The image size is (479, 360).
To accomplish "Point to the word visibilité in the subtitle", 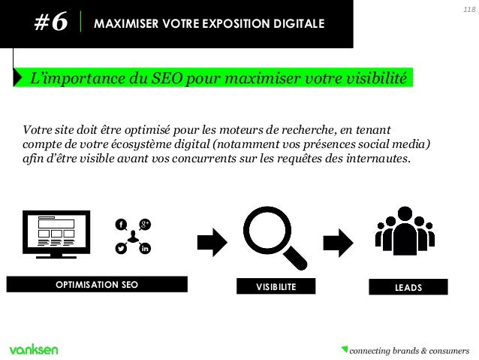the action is tap(372, 77).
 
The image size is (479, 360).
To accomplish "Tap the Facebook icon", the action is tap(120, 224).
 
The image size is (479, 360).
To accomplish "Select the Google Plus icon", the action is tap(146, 224).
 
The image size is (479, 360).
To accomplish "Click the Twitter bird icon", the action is tap(120, 249).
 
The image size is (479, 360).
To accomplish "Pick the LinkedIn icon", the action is tap(146, 249).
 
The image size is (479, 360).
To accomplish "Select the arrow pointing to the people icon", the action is tap(342, 242).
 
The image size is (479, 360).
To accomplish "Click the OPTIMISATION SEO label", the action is tap(97, 285).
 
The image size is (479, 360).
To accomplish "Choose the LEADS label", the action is tap(408, 287).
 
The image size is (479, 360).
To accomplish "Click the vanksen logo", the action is tap(34, 349).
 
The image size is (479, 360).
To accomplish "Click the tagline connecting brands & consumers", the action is tap(410, 349).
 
